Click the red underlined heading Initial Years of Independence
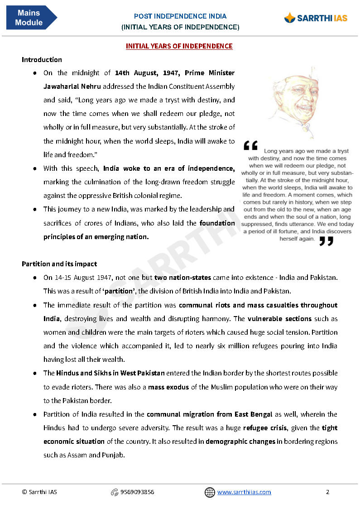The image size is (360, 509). [179, 46]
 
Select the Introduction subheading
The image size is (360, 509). [42, 60]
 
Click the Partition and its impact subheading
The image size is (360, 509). [59, 264]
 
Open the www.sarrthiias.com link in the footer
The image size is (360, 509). [244, 492]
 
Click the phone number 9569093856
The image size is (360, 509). [137, 492]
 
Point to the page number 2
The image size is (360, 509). [327, 492]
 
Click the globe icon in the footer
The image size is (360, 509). [210, 492]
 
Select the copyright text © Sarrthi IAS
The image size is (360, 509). [39, 492]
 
